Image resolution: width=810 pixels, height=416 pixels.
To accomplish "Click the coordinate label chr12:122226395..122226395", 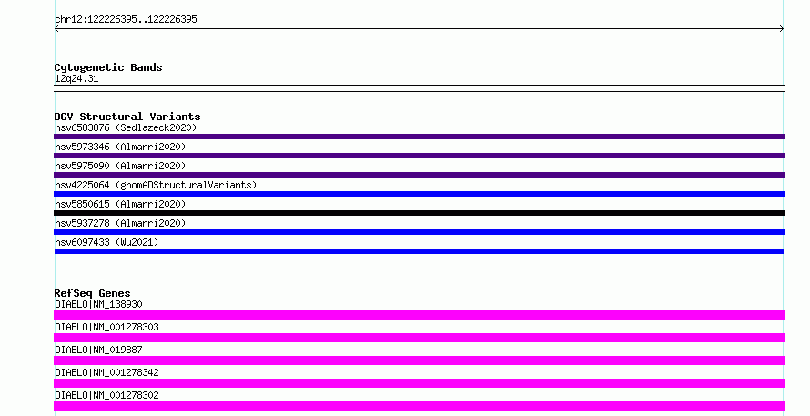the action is point(126,20).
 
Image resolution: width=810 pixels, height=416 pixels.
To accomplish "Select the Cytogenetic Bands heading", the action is point(108,67).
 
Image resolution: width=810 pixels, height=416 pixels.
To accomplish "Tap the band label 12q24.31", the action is point(76,78).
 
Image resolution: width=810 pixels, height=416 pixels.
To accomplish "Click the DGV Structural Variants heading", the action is point(127,117).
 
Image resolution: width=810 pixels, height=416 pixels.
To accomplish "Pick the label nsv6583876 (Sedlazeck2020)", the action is point(126,127).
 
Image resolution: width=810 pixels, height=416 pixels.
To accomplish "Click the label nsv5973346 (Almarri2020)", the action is point(120,147).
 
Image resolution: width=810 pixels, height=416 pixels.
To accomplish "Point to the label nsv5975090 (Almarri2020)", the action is point(120,166).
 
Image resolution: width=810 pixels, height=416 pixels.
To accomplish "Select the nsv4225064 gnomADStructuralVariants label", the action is point(156,185).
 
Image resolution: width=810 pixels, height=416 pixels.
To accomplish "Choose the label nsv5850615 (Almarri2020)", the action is point(120,204).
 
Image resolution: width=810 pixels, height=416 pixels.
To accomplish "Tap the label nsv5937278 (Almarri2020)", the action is point(120,223).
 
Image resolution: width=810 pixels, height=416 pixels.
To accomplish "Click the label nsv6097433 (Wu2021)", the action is point(106,242).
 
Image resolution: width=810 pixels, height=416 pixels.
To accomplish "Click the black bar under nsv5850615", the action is point(419,213).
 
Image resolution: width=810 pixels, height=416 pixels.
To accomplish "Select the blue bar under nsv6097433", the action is point(419,251).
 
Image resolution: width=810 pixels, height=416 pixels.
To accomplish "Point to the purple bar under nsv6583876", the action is point(419,137).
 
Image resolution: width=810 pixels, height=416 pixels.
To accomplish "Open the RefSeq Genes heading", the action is point(92,293).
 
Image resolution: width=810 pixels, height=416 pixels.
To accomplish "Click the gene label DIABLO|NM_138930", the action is point(98,304).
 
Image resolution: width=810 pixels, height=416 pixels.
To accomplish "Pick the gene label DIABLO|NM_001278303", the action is point(106,327).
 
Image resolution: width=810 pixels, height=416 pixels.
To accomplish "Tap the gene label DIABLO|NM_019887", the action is point(98,350).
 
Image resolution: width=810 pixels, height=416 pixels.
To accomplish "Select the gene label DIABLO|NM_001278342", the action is point(106,372).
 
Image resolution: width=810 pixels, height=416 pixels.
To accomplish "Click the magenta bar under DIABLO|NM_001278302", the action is point(419,406).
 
